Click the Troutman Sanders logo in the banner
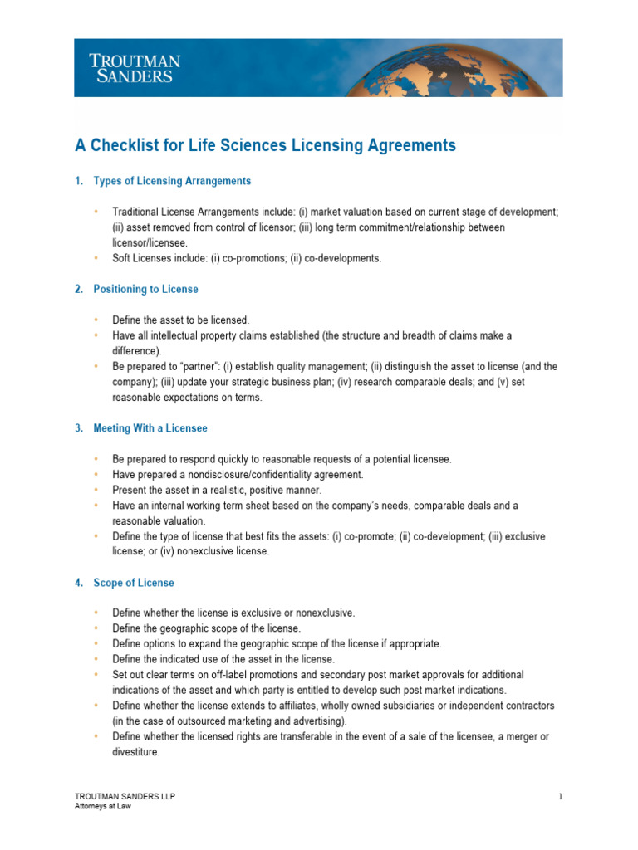(x=135, y=68)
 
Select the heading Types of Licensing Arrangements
(x=172, y=181)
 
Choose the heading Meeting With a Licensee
(x=150, y=428)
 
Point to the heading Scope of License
(x=134, y=583)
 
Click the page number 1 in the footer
(x=561, y=797)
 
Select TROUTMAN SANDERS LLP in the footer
(x=125, y=797)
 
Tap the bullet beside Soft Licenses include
(x=96, y=258)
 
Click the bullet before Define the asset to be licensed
(x=96, y=320)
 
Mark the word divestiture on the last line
(x=136, y=752)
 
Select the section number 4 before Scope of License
(x=78, y=583)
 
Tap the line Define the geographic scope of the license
(x=207, y=628)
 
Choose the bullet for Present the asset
(x=96, y=490)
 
